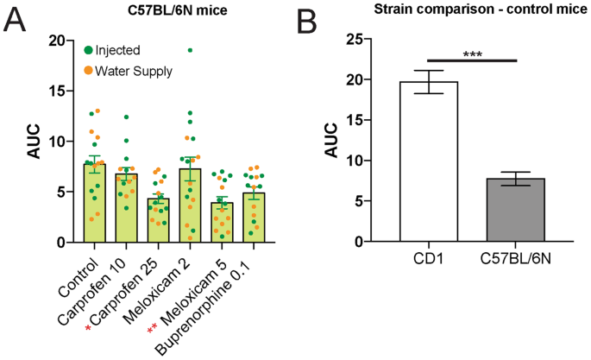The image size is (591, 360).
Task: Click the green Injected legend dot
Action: point(88,50)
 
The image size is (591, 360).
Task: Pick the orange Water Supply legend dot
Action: point(88,70)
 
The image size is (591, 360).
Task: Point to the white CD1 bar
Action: point(429,164)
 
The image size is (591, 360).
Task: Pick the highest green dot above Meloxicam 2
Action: point(190,50)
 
